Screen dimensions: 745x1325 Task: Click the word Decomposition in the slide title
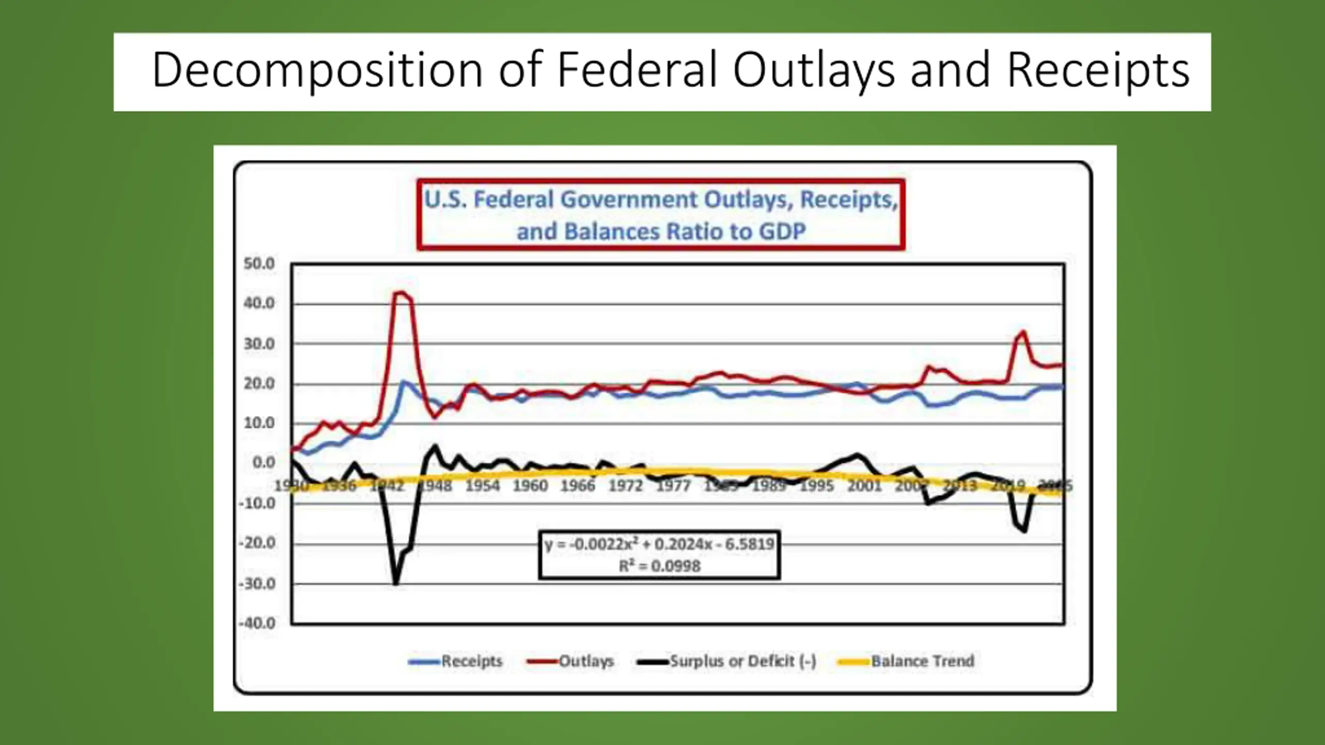pos(317,70)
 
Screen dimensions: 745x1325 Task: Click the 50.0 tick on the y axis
pos(259,264)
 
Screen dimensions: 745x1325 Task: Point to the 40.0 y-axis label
pos(259,303)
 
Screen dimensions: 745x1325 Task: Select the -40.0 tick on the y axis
pos(257,623)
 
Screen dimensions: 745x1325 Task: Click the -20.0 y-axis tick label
pos(257,543)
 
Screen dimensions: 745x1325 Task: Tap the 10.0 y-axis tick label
pos(259,423)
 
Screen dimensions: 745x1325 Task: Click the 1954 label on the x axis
pos(482,486)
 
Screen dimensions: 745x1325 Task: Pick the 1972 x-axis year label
pos(625,486)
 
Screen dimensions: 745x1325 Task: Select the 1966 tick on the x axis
pos(578,486)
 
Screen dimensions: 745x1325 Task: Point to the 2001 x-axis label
pos(864,486)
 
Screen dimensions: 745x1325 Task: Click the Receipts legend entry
pos(472,661)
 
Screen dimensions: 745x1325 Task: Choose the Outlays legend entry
pos(586,661)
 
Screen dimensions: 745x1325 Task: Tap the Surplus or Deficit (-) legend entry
pos(743,661)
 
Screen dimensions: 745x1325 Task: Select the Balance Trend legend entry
pos(922,661)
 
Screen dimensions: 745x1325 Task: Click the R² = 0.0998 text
pos(659,566)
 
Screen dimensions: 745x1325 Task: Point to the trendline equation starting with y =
pos(659,544)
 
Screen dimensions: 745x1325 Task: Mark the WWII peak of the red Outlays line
pos(399,293)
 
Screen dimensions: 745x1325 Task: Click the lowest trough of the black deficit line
pos(396,584)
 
